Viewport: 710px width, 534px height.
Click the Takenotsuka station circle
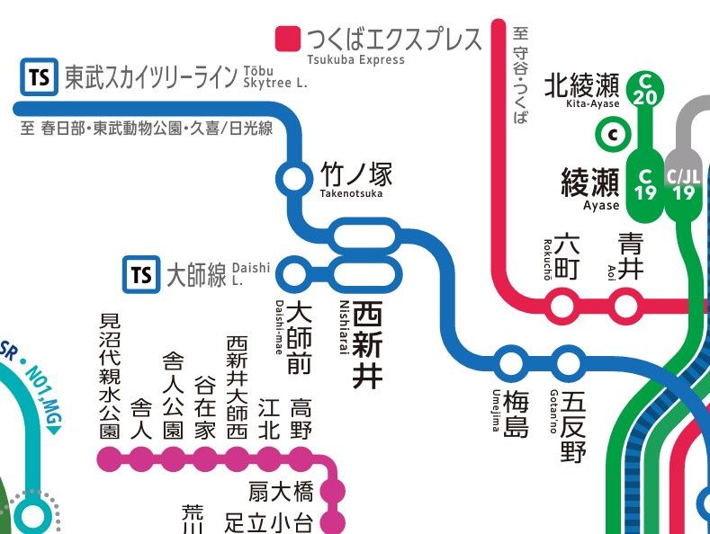click(293, 178)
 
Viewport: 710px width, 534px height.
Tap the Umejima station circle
click(510, 364)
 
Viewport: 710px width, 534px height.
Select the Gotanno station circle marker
click(569, 364)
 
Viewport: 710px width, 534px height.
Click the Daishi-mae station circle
click(294, 271)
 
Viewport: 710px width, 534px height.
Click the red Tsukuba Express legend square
click(288, 39)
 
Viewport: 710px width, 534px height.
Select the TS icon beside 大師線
click(141, 273)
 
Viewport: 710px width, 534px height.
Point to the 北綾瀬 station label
click(582, 85)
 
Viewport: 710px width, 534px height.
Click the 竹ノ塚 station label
click(356, 174)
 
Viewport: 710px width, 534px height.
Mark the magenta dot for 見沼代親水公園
click(108, 460)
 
